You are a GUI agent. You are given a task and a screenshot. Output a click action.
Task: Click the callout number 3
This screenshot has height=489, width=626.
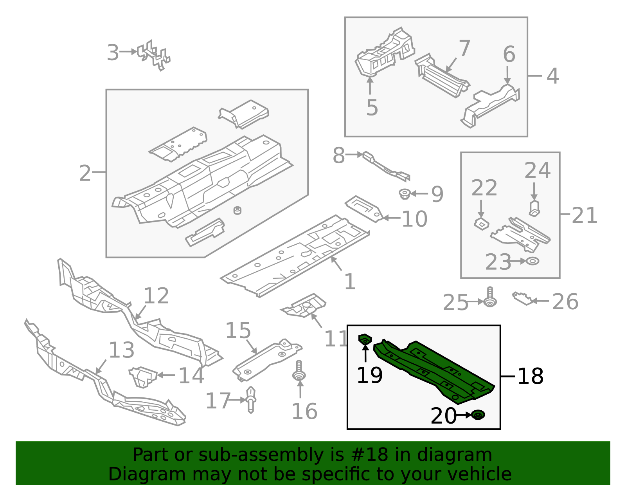tap(113, 52)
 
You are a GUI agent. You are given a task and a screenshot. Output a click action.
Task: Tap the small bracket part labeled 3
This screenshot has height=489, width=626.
tap(153, 55)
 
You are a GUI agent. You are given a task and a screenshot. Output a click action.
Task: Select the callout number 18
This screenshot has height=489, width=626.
tap(531, 376)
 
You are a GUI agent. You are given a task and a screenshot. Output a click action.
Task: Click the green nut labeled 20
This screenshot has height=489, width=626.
tap(478, 415)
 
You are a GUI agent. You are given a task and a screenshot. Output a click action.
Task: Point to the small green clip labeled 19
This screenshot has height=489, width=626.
tap(365, 339)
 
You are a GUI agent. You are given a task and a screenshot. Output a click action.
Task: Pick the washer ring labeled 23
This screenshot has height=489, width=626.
tap(532, 261)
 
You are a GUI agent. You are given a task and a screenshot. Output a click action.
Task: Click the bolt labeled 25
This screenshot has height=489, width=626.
tap(490, 297)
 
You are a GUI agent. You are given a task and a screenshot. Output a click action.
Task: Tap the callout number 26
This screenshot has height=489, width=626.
tap(565, 302)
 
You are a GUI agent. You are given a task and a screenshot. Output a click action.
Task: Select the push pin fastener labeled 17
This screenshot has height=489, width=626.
tap(251, 400)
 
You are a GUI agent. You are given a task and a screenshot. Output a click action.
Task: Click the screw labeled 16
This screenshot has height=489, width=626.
tap(299, 371)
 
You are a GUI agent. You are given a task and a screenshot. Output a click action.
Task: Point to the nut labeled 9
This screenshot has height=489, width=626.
tap(405, 194)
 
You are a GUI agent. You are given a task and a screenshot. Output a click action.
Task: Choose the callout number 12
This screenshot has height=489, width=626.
tap(156, 296)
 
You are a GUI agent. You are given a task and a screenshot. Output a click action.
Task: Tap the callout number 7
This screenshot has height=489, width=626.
tap(464, 48)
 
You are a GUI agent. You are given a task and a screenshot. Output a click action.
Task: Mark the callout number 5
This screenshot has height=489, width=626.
tap(372, 108)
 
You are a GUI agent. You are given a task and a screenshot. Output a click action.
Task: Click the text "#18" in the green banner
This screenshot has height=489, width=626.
tap(374, 456)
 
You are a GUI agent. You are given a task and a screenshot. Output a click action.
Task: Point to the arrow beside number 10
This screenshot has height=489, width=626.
tap(392, 218)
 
